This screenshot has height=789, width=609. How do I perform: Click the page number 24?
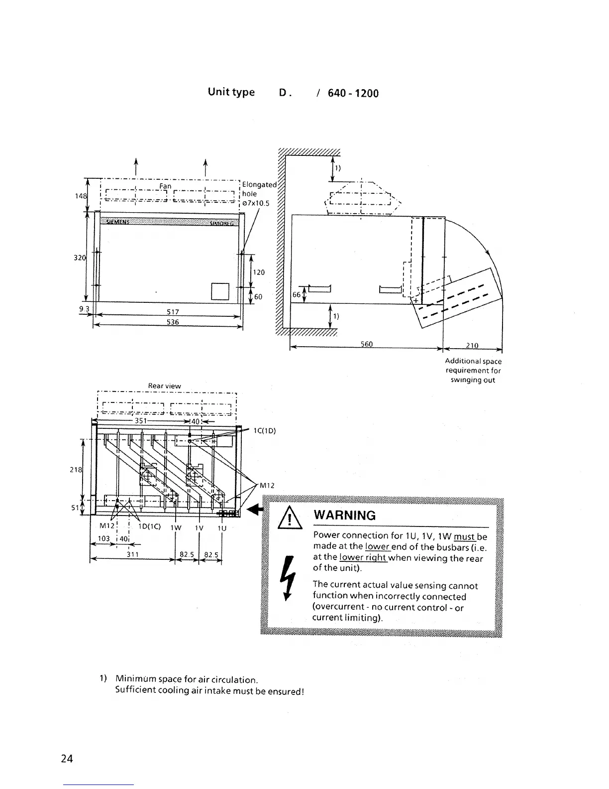[x=67, y=759]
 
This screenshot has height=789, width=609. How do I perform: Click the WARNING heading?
[x=344, y=515]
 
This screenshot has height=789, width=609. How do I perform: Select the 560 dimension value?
[x=366, y=344]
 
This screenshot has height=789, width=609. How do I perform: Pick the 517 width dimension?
[x=173, y=312]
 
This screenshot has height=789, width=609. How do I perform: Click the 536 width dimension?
[x=173, y=322]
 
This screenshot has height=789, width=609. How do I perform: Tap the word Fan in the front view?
[x=165, y=186]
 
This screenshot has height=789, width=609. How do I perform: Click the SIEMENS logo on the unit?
[x=115, y=222]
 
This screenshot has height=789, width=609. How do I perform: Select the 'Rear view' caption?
[x=165, y=386]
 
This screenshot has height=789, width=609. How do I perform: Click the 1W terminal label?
[x=176, y=527]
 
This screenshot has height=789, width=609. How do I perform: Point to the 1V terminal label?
[x=199, y=527]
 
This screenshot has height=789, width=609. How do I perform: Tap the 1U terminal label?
[x=222, y=527]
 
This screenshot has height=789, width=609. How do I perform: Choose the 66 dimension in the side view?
[x=297, y=295]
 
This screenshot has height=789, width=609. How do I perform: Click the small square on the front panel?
[x=220, y=291]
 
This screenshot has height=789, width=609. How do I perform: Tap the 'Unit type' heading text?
[x=231, y=92]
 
